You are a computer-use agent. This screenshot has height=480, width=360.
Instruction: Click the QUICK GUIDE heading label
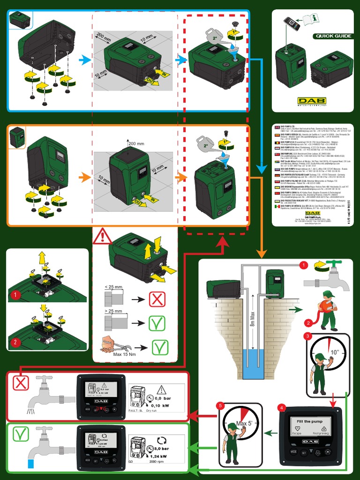pyautogui.click(x=333, y=36)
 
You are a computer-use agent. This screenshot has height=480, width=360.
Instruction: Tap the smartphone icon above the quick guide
pyautogui.click(x=291, y=23)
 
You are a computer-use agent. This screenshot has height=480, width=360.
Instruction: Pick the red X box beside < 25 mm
pyautogui.click(x=157, y=299)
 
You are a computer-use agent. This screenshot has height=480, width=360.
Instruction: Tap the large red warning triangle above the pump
pyautogui.click(x=102, y=236)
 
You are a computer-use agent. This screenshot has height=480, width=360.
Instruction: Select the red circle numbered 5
pyautogui.click(x=220, y=405)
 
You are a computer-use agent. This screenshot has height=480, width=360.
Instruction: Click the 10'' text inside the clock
pyautogui.click(x=334, y=352)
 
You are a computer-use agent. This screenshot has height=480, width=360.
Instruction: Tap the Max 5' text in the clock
pyautogui.click(x=244, y=424)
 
